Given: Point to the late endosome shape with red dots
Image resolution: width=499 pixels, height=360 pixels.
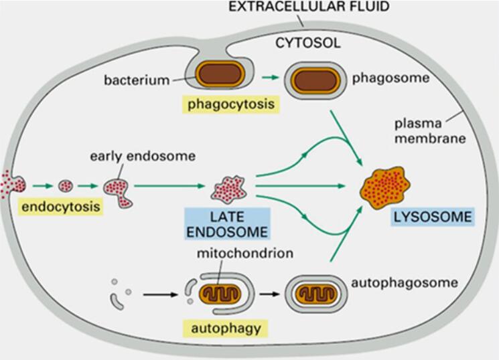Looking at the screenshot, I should (x=229, y=189).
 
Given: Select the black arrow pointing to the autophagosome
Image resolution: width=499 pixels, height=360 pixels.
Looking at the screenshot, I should (x=269, y=294).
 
